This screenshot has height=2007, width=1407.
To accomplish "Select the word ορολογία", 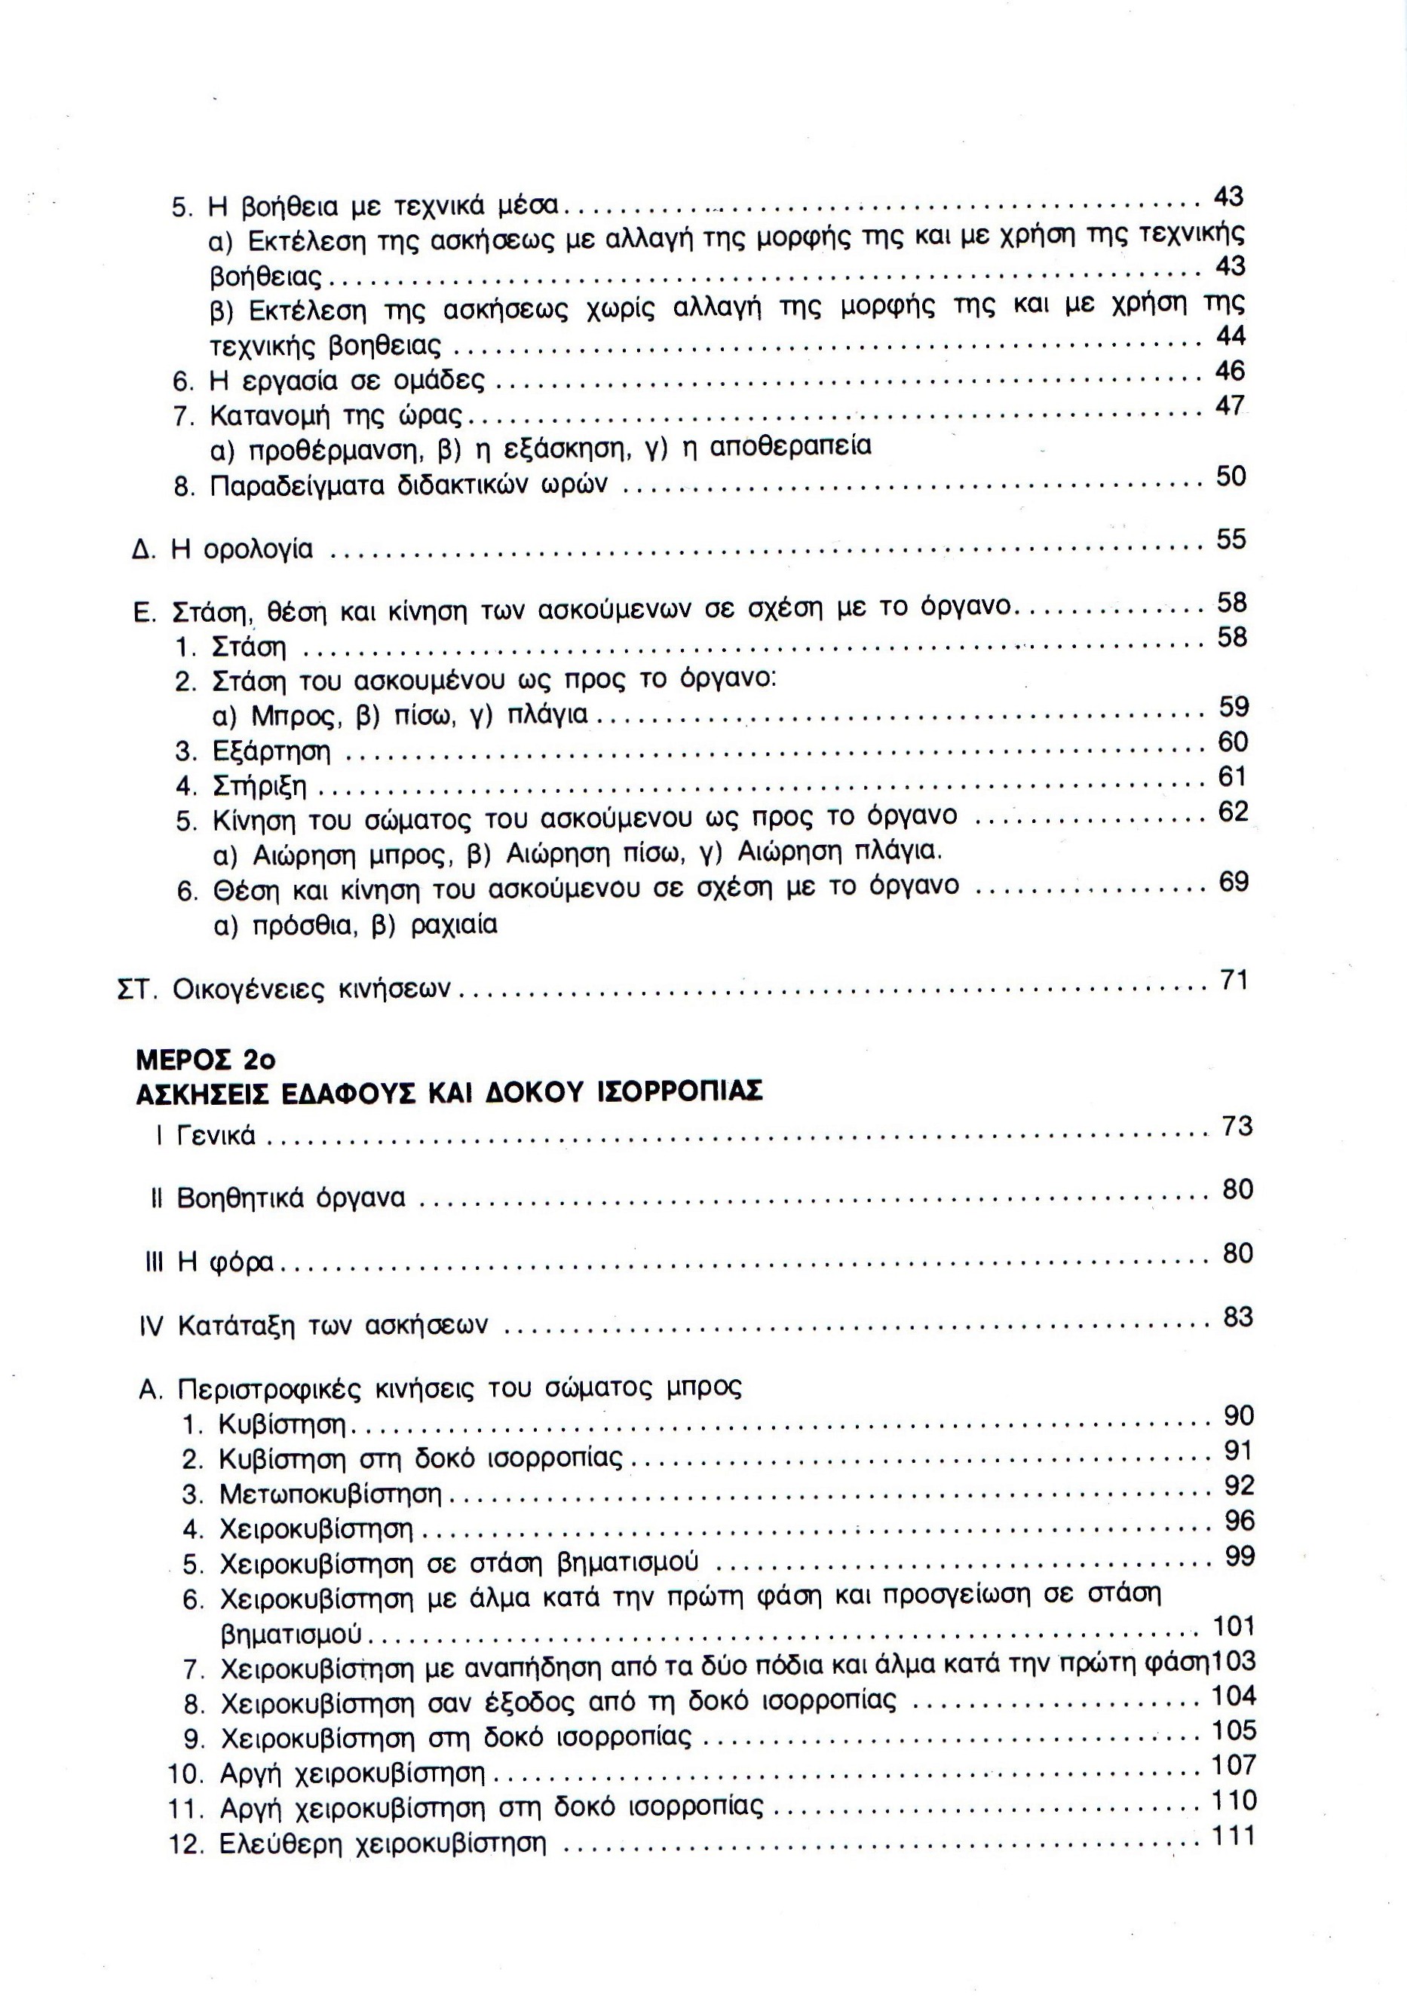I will pos(258,551).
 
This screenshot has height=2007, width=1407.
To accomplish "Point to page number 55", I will pos(1231,540).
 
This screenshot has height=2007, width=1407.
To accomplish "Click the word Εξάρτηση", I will pos(272,751).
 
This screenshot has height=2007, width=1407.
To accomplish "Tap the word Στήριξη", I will pos(259,787).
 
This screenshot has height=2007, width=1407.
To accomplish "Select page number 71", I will pos(1233,981).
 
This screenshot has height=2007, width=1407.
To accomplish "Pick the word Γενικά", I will pos(216,1136).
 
